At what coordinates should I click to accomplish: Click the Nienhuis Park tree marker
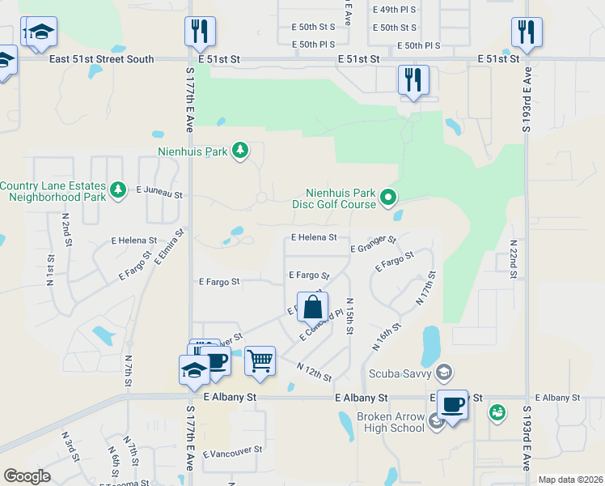coord(239,150)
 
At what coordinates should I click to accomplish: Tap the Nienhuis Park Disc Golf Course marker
coord(388,196)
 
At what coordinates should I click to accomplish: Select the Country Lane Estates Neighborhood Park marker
coord(119,190)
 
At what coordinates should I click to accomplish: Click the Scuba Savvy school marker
coord(442,373)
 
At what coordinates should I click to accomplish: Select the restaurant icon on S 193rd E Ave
coord(527,33)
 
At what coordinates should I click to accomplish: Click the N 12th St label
coord(315,373)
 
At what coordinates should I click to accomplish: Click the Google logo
coord(27,476)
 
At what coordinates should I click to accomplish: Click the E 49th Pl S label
coord(395,10)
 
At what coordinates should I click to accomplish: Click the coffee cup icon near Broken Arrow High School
coord(452,404)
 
